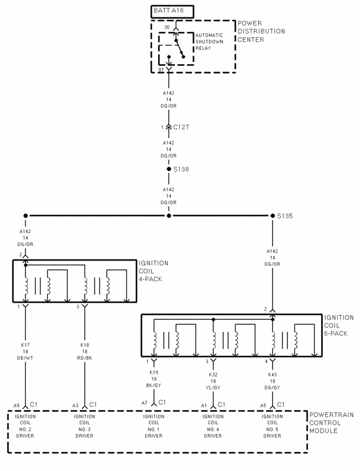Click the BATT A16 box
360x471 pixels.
[x=172, y=11]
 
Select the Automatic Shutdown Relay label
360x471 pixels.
[x=209, y=42]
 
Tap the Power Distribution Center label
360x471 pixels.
[x=260, y=32]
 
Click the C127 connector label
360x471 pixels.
[x=181, y=127]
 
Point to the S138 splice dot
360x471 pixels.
[x=168, y=169]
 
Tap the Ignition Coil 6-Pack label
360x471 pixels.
[x=339, y=325]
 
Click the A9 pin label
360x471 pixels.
[x=17, y=405]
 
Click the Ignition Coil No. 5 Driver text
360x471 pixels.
[x=272, y=426]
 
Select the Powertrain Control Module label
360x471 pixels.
[x=331, y=423]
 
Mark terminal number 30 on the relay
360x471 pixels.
[x=167, y=27]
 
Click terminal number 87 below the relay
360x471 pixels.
[x=161, y=69]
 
